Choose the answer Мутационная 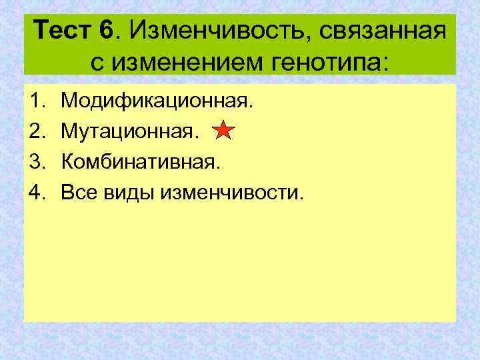tap(129, 132)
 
